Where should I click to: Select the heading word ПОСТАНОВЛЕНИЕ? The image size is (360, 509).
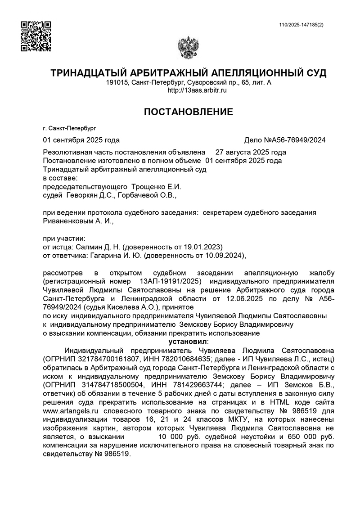(189, 112)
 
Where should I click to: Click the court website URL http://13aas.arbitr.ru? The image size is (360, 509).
(197, 90)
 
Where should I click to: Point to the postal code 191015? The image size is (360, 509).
(116, 83)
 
